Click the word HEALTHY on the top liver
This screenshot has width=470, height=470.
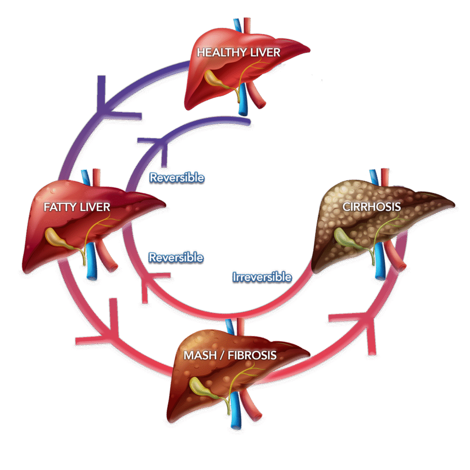(222, 53)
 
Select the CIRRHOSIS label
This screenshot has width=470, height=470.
(372, 207)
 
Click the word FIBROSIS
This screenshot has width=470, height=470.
(252, 355)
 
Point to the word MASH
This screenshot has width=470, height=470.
(200, 355)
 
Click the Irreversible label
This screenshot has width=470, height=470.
(262, 277)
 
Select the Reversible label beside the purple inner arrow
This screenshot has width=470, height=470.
(177, 178)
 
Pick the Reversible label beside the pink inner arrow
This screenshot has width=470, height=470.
(176, 258)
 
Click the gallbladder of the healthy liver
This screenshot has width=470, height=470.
(216, 79)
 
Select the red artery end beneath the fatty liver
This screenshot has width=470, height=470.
(113, 267)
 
